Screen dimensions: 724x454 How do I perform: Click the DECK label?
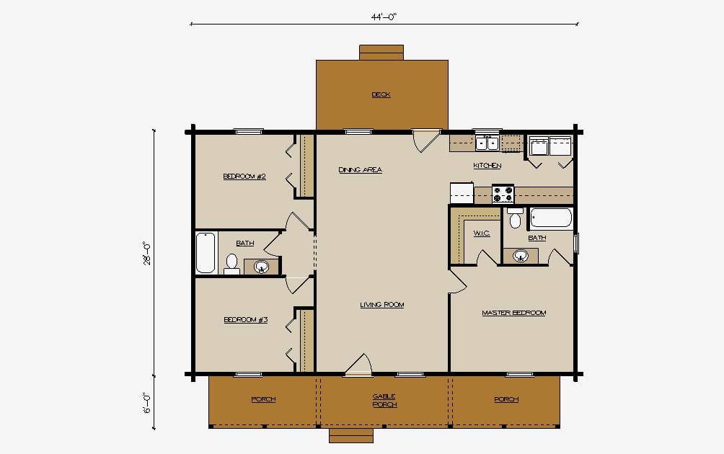(381, 94)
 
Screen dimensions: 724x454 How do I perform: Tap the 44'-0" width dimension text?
(384, 17)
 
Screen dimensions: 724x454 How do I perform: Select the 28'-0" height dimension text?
(147, 253)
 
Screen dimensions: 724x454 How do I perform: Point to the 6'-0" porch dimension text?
(147, 403)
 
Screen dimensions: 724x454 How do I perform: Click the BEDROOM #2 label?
(244, 177)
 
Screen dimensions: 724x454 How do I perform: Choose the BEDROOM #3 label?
(246, 320)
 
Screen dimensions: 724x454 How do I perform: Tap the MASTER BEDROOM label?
(514, 313)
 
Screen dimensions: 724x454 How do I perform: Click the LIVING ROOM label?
(382, 305)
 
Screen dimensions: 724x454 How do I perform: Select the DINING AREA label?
(360, 170)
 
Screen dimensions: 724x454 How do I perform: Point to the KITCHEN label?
(487, 165)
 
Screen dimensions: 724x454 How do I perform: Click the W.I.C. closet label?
(482, 233)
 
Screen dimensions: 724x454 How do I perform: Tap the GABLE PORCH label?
(384, 401)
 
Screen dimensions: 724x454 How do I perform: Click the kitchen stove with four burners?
(503, 194)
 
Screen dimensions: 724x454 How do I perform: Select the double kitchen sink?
(487, 143)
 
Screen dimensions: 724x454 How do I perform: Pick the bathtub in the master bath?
(551, 218)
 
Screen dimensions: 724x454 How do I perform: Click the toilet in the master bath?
(516, 218)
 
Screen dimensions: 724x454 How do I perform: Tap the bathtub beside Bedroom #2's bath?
(206, 253)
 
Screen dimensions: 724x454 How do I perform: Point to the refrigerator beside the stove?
(462, 193)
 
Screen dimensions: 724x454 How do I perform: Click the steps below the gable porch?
(351, 435)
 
